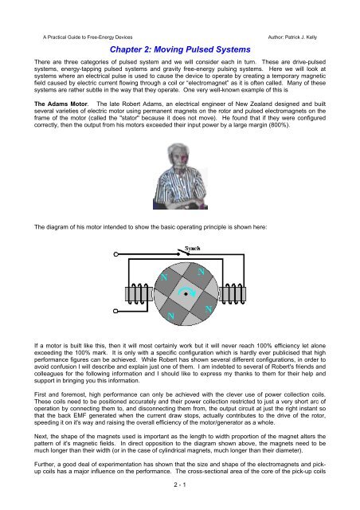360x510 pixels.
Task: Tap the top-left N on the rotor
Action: [x=165, y=276]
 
